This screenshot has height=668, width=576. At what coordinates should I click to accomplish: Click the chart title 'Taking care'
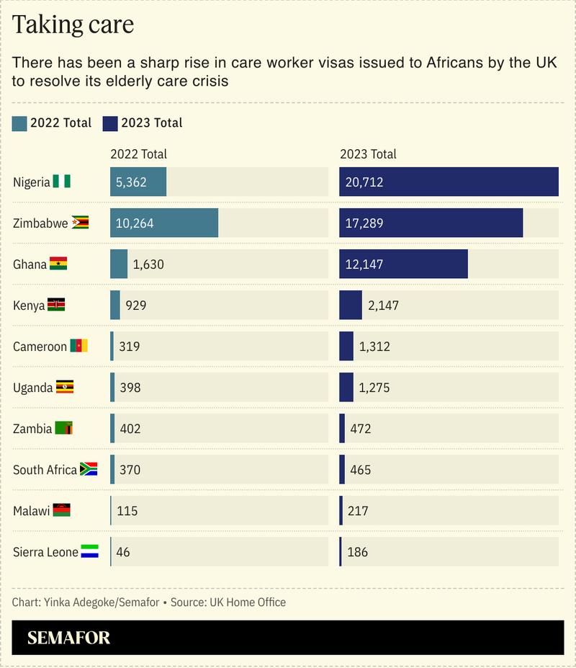[73, 25]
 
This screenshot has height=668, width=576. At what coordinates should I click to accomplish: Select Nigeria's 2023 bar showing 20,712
[449, 182]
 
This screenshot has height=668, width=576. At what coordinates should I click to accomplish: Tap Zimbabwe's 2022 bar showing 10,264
[164, 223]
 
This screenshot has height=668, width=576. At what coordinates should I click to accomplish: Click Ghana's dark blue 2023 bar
[403, 264]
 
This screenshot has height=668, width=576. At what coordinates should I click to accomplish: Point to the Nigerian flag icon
[62, 182]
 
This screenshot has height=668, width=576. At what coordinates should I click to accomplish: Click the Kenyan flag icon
[56, 305]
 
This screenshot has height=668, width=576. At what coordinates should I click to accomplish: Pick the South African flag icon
[89, 470]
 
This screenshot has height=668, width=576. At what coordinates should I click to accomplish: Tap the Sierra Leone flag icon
[90, 552]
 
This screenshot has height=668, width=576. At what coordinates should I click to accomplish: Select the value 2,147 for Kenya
[383, 306]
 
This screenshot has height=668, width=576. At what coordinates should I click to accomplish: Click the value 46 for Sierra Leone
[123, 552]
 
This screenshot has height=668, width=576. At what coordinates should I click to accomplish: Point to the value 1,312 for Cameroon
[374, 347]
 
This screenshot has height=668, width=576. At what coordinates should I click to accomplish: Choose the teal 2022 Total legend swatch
[19, 123]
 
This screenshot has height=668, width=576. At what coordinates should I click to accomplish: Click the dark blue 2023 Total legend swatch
[110, 123]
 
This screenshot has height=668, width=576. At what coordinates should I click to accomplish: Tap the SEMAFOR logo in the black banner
[69, 638]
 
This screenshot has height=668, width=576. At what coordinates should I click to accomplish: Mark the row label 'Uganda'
[32, 388]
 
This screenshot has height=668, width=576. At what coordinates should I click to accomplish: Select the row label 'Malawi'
[31, 511]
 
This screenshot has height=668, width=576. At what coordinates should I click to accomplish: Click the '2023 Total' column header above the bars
[368, 154]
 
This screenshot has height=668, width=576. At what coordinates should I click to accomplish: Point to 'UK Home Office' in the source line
[247, 602]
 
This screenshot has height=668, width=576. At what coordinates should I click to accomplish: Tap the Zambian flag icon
[64, 429]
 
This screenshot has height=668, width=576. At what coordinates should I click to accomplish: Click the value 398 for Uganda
[130, 388]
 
